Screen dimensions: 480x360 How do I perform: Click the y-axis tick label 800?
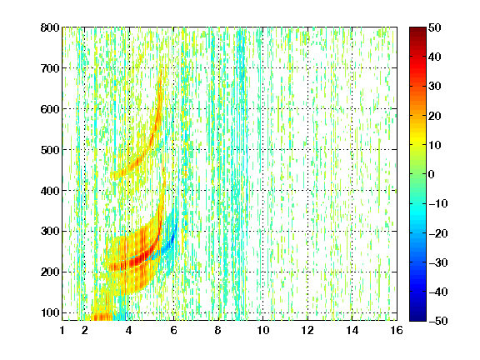point(50,27)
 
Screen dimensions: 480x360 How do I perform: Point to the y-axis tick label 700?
point(50,68)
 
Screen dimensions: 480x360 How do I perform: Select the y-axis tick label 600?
point(50,109)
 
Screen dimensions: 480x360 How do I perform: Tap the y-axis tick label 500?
point(50,150)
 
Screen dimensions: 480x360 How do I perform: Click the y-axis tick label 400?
point(50,191)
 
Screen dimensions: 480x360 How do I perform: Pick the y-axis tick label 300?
point(50,232)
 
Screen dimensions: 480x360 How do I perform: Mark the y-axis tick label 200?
point(50,272)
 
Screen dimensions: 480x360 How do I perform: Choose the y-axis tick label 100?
point(50,312)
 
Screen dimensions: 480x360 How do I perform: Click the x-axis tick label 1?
point(62,330)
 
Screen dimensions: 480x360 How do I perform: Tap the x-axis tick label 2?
point(85,330)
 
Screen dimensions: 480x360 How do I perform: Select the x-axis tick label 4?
point(129,330)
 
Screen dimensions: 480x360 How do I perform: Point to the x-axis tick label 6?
point(173,330)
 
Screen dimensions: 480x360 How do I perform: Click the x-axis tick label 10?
point(263,330)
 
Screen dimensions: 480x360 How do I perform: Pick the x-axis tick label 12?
point(307,330)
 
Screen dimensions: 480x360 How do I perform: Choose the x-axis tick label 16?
point(397,330)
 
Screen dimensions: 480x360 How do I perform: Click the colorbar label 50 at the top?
point(435,27)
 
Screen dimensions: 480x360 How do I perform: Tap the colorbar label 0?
point(432,174)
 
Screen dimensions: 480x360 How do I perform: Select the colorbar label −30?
point(438,262)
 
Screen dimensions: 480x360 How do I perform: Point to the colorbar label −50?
point(438,321)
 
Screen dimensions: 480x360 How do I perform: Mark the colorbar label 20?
point(435,116)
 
